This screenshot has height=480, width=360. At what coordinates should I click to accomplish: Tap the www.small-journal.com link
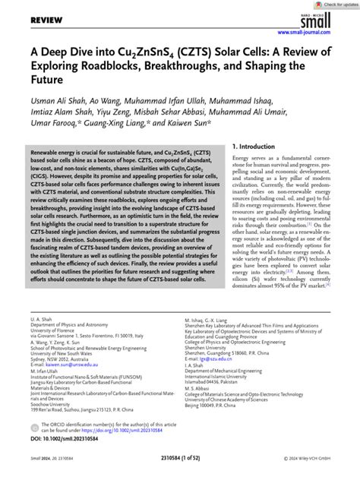point(314,33)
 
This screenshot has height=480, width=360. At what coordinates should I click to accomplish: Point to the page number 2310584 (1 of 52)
point(180,470)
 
